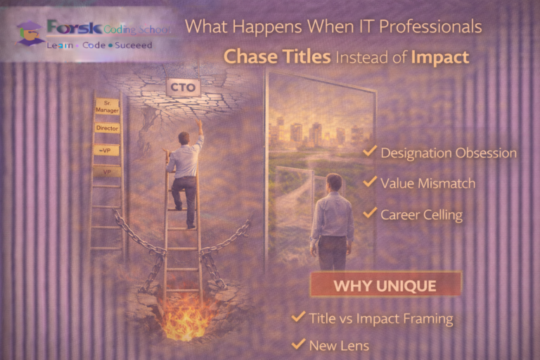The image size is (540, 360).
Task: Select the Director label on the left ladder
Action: pos(107,129)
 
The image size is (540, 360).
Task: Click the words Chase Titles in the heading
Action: pos(277,58)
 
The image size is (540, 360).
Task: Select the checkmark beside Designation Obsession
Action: pos(369,152)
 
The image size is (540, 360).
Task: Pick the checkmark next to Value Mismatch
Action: pos(369,182)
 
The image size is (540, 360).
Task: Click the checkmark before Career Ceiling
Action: pos(369,214)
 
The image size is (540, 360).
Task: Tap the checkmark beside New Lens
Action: pos(298,345)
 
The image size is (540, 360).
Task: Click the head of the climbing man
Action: pos(184,138)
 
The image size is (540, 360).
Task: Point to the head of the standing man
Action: pos(333,183)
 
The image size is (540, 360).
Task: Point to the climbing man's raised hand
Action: pos(200,123)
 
